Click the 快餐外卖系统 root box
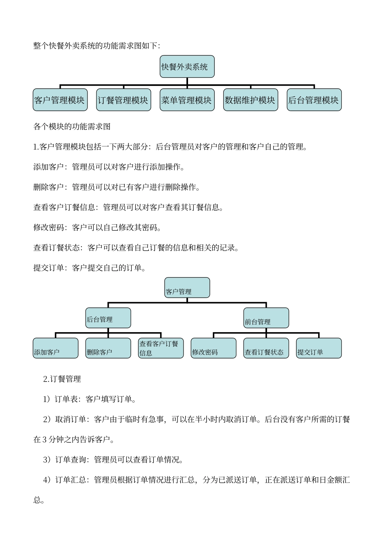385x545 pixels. [187, 67]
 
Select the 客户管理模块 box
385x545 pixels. [60, 100]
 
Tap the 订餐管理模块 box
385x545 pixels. [123, 100]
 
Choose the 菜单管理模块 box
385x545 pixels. [187, 100]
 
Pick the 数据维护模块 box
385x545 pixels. [250, 100]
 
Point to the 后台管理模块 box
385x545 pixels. [314, 100]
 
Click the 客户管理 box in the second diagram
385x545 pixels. [187, 288]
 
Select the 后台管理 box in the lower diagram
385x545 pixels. [108, 318]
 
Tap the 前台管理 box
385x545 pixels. [266, 318]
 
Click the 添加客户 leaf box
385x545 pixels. [56, 348]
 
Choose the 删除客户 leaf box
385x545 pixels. [108, 348]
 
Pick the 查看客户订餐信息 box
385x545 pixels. [161, 348]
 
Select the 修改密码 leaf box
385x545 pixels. [214, 348]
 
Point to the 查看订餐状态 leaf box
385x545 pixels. [266, 348]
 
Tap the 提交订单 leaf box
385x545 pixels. [319, 348]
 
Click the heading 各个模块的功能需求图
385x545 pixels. [72, 127]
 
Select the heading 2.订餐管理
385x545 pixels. [62, 379]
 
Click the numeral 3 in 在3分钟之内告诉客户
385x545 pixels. [45, 440]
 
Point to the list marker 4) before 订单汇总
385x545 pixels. [47, 480]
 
